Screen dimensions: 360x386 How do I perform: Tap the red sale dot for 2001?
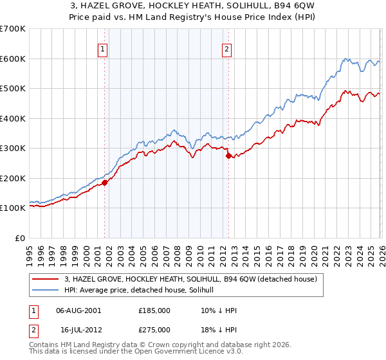(104, 183)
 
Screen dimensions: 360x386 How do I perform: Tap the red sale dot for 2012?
(228, 156)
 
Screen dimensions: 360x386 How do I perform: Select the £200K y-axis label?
(13, 178)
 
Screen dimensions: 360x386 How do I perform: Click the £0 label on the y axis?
(19, 238)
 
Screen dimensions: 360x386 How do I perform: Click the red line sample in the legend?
(45, 280)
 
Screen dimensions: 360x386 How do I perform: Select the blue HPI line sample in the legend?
(45, 291)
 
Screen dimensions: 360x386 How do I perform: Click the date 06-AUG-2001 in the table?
(78, 310)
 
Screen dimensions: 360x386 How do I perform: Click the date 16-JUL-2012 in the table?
(78, 329)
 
